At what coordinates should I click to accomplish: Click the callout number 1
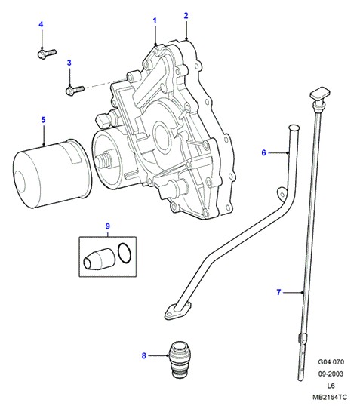pos(155,21)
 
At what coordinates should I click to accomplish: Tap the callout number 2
pos(186,16)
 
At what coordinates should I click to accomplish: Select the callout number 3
pos(69,63)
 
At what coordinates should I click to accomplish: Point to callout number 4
pos(41,24)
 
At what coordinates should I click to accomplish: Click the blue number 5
pos(43,120)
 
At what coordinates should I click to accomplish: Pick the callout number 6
pos(264,152)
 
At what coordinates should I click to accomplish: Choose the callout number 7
pos(278,292)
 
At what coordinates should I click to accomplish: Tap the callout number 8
pos(143,355)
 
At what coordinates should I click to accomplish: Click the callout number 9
pos(107,226)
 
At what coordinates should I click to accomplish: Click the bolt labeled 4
pos(47,54)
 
